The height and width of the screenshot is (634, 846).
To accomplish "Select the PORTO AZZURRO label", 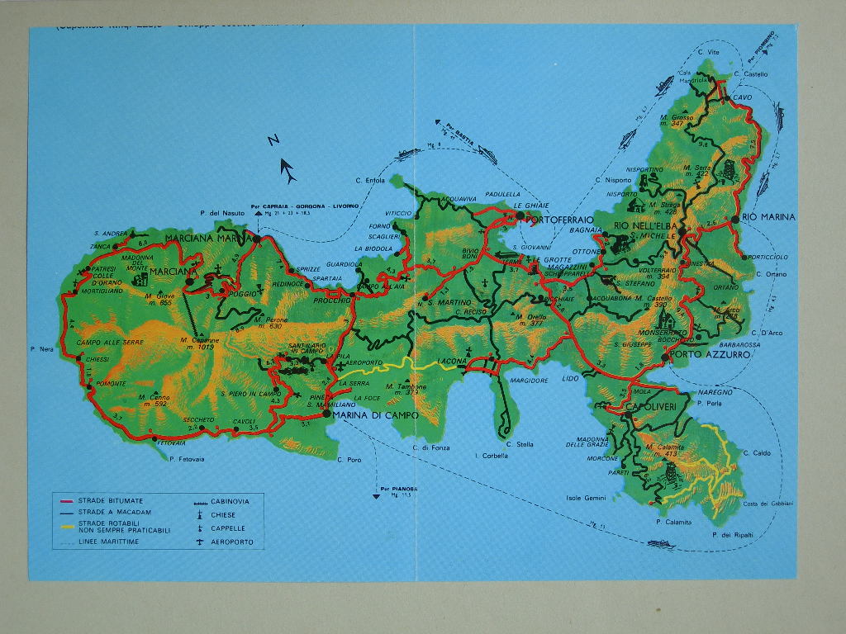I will click(x=710, y=354).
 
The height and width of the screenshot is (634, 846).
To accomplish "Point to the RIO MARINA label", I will click(x=768, y=217).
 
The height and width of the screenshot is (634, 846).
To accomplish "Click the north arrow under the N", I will click(x=288, y=170).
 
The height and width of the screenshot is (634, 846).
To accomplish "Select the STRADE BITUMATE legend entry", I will click(x=110, y=501).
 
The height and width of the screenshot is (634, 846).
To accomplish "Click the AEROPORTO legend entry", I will click(x=231, y=542).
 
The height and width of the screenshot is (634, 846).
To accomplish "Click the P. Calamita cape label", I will click(x=673, y=522).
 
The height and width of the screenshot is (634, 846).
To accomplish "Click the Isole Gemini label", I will click(x=585, y=499).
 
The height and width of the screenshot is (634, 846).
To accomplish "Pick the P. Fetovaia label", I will click(x=186, y=459).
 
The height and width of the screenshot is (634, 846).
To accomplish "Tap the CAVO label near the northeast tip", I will click(x=742, y=97).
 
